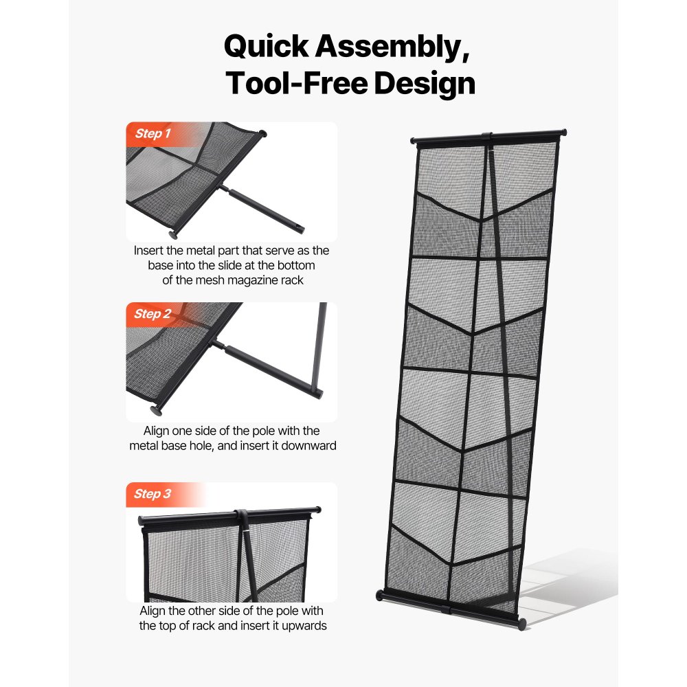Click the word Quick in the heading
pyautogui.click(x=267, y=47)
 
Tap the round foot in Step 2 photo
pyautogui.click(x=157, y=410)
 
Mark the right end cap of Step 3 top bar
pyautogui.click(x=317, y=509)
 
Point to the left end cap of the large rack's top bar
pyautogui.click(x=414, y=142)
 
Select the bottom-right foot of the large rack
pyautogui.click(x=522, y=623)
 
